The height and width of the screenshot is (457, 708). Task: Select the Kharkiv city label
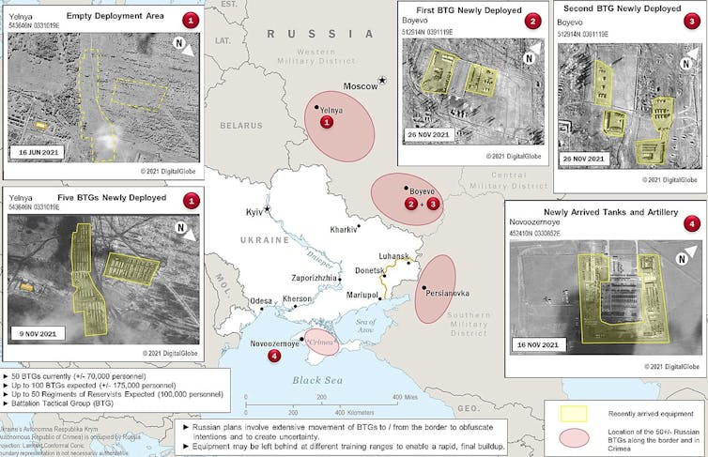(x=345, y=229)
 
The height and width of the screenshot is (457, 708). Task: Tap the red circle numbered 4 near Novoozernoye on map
(x=273, y=356)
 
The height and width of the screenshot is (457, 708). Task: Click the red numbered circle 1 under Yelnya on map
(x=327, y=122)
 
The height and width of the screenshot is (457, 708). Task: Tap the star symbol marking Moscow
(x=382, y=81)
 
